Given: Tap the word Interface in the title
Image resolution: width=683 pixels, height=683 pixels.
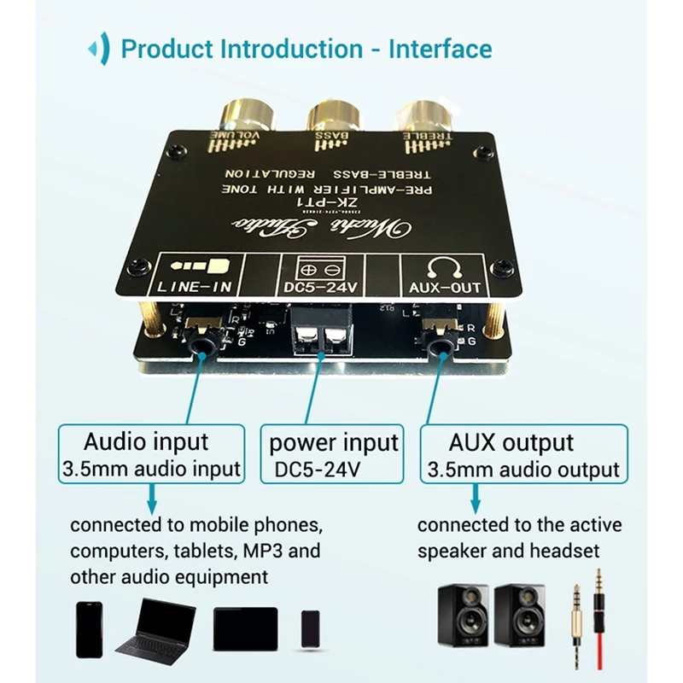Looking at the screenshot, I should (x=440, y=48).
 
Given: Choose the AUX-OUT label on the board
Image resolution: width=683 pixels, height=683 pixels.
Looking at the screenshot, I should (x=444, y=289).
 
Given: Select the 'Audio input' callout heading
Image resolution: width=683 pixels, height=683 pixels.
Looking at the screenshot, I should (x=146, y=441).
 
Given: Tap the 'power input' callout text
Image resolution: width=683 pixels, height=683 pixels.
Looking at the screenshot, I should (x=334, y=442).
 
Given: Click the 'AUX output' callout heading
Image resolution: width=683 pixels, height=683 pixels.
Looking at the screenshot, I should (x=511, y=442).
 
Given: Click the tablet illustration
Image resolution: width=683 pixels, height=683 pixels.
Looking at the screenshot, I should (x=246, y=629).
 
